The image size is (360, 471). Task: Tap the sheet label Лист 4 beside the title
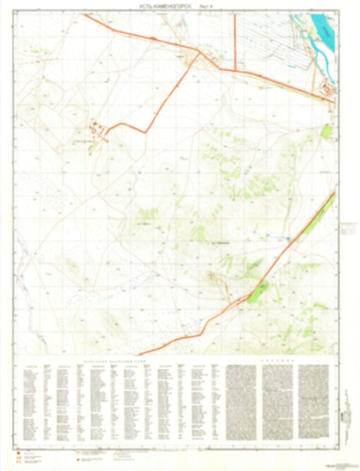coord(208,5)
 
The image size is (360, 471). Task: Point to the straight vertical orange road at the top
coord(234,40)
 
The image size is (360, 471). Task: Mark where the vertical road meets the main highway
coord(234,70)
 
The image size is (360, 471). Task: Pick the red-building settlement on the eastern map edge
coord(327,88)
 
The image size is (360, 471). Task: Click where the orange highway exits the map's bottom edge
coord(139,354)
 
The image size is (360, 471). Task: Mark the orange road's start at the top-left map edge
coord(84,15)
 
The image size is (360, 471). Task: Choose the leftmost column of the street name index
coord(30,405)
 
